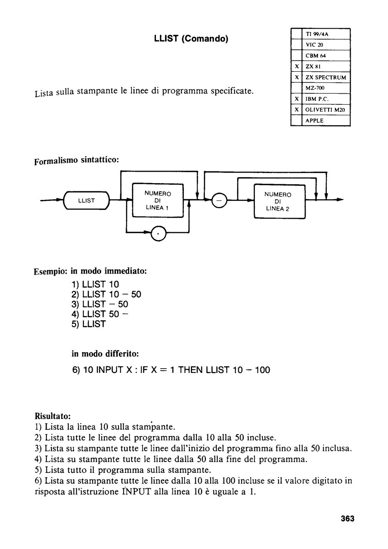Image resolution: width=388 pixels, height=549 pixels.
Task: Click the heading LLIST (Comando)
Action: [x=191, y=39]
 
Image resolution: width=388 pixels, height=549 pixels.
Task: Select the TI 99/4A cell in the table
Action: [x=317, y=34]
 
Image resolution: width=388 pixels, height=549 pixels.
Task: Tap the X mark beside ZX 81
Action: [x=297, y=66]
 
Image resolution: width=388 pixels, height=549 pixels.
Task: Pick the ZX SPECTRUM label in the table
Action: [x=326, y=78]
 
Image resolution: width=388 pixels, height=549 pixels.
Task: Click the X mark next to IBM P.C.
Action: [x=297, y=99]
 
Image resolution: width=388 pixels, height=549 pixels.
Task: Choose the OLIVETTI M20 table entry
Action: [x=325, y=110]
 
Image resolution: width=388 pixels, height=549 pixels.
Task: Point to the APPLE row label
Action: [x=315, y=121]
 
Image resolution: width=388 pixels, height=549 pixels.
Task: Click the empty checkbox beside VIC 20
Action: [x=296, y=45]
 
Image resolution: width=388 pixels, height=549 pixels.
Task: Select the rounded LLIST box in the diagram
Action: [x=86, y=200]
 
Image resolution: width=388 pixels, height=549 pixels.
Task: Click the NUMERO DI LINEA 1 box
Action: [x=158, y=200]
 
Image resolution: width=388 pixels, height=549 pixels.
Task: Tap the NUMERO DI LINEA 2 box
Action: [x=279, y=202]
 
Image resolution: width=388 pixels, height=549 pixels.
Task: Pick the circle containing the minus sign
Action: [x=219, y=200]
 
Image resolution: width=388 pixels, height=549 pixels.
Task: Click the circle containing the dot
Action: [x=158, y=233]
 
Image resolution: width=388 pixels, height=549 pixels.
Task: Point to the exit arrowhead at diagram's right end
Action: [x=340, y=200]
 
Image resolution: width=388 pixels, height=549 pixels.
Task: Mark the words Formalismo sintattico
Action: [x=77, y=161]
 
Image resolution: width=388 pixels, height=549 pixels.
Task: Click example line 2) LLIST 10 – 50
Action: [x=106, y=294]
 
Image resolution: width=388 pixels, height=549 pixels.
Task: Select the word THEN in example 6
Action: [x=191, y=370]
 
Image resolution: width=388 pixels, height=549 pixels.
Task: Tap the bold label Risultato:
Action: [x=53, y=416]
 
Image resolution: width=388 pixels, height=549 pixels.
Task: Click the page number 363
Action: [x=348, y=518]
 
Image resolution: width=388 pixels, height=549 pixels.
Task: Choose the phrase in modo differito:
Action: [x=105, y=354]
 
